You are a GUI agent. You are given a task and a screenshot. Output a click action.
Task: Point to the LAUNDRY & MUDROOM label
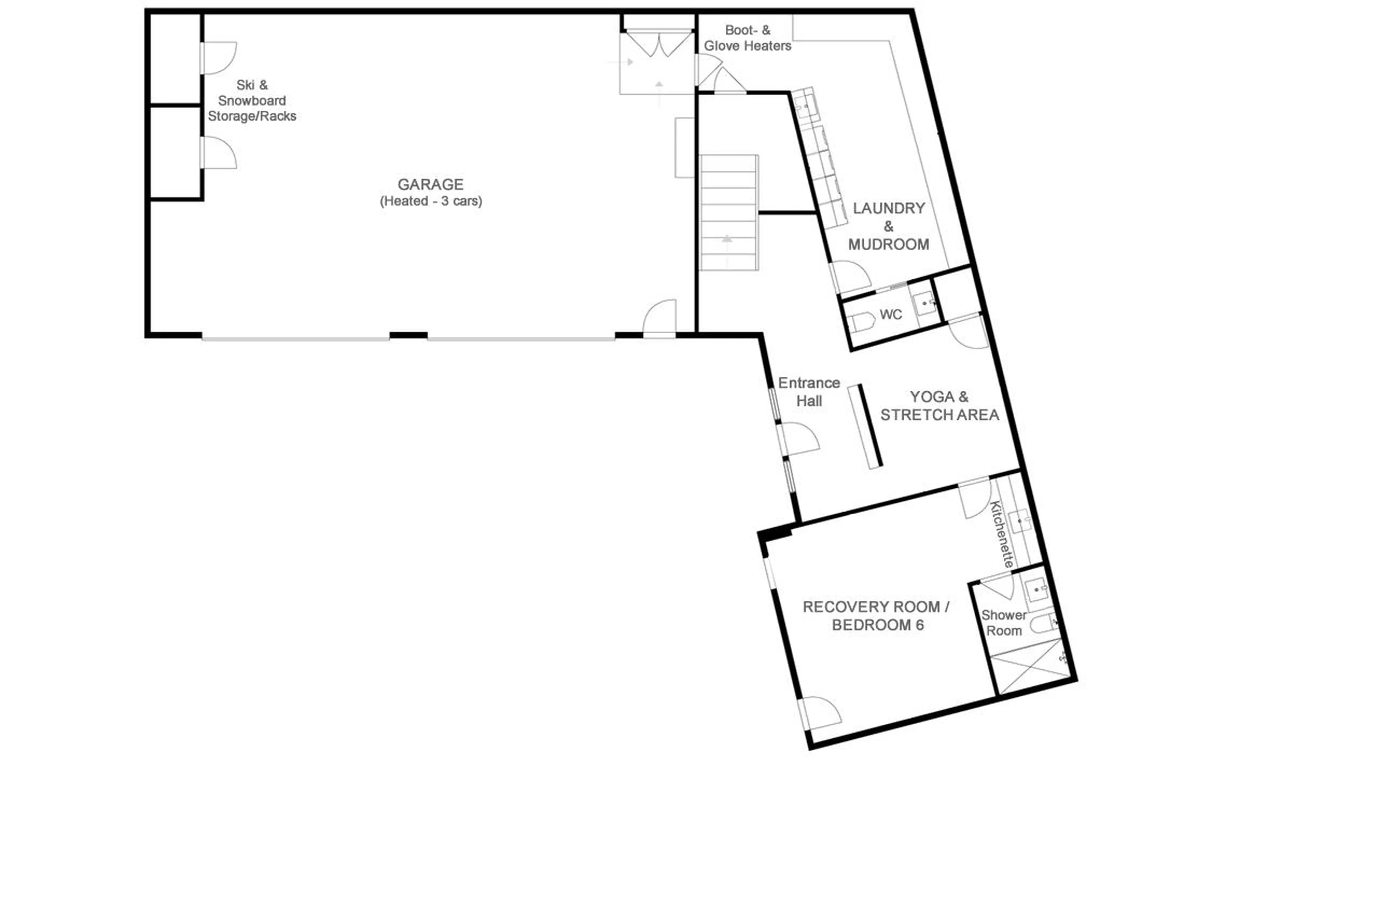pos(888,226)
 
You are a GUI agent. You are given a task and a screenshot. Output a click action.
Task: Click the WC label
pos(890,315)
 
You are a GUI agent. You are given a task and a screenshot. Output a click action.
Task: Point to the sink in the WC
pos(925,303)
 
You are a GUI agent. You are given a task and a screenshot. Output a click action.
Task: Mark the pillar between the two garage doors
pos(408,336)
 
